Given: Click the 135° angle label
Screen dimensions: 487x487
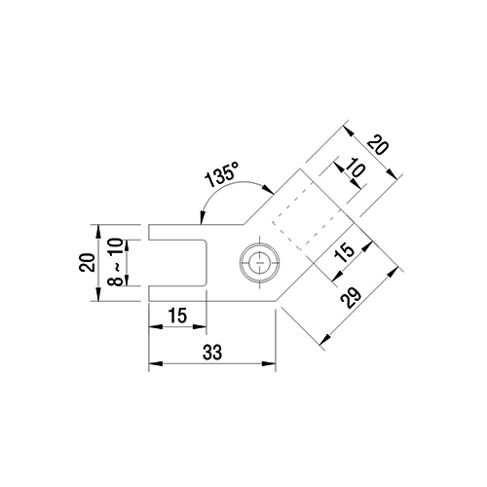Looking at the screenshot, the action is click(222, 174).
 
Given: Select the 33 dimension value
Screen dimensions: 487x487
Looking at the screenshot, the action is click(212, 353).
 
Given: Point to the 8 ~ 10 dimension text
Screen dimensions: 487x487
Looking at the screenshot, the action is click(117, 262).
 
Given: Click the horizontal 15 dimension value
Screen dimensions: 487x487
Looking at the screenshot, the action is click(178, 316).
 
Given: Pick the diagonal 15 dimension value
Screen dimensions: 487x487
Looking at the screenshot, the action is click(345, 253).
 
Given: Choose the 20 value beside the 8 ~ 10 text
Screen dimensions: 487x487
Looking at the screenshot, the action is click(87, 262).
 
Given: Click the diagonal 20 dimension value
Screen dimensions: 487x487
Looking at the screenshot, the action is click(377, 145).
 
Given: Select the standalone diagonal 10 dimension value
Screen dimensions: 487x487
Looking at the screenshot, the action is click(356, 168).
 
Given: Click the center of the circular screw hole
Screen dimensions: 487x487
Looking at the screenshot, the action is click(260, 262).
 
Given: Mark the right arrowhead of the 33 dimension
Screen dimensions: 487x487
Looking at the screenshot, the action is click(269, 363).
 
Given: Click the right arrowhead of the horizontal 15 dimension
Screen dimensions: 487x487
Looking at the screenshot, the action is click(200, 327).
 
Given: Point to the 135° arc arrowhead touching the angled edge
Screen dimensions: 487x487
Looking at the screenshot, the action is click(269, 189).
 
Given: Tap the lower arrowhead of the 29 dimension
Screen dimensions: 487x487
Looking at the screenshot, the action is click(325, 340).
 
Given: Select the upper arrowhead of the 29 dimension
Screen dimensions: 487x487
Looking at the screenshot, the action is click(393, 272).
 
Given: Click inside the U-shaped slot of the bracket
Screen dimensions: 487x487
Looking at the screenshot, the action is click(178, 263).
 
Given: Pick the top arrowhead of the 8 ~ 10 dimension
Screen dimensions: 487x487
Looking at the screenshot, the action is click(127, 246).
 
